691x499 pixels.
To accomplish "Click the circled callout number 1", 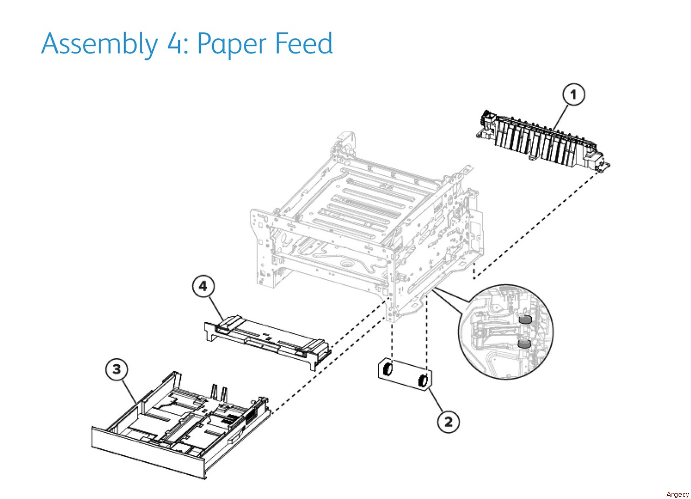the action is pos(573,94).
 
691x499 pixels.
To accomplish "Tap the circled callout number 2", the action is pos(448,421).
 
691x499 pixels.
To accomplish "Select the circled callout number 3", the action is pos(117,369).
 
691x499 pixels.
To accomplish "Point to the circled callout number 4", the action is pos(203,286).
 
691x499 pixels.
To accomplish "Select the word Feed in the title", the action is pos(304,43).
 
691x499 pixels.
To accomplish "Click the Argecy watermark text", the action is pos(678,494).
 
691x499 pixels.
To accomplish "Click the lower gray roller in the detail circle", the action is pos(523,344).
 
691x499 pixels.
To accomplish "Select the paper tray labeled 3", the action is pos(180,426).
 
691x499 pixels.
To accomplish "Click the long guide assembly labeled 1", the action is pos(542,141).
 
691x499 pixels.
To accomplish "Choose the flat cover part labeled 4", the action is pos(267,343).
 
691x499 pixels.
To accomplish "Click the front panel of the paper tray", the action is pos(148,453).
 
